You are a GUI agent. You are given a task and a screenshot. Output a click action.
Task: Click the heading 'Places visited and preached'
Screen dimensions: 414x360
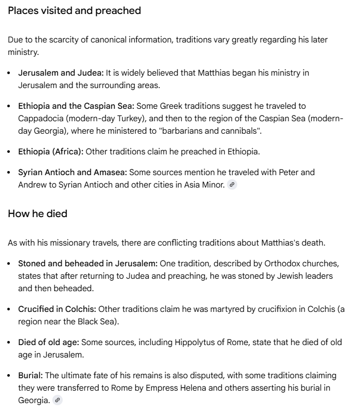pyautogui.click(x=75, y=11)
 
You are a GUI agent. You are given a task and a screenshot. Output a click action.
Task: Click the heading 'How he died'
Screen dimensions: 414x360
pyautogui.click(x=38, y=213)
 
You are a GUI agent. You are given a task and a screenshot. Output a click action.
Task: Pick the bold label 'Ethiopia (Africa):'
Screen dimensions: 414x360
pyautogui.click(x=51, y=151)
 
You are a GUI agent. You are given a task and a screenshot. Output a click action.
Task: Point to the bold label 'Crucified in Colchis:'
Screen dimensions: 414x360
pyautogui.click(x=57, y=309)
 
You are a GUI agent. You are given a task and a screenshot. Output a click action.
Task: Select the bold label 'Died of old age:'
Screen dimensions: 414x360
pyautogui.click(x=49, y=342)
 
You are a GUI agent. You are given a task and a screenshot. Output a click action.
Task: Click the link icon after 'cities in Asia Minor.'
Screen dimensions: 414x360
pyautogui.click(x=232, y=185)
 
